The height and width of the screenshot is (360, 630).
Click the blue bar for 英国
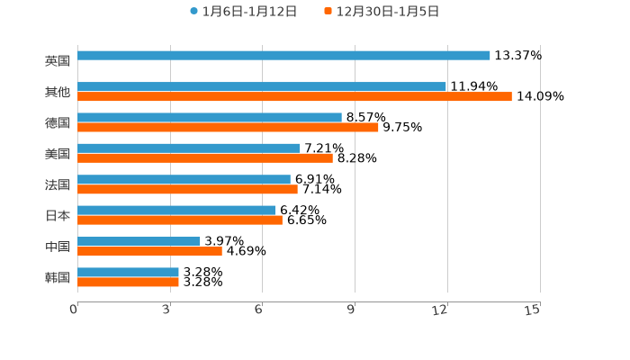(x=283, y=55)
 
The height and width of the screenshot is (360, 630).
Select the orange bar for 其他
(x=294, y=96)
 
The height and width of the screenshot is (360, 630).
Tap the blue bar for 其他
(x=262, y=86)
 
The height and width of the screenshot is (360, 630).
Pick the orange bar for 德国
(x=228, y=127)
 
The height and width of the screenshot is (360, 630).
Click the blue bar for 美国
(x=189, y=148)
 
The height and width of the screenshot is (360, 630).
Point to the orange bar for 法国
(x=187, y=189)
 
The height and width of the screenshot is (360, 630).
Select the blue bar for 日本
(x=176, y=210)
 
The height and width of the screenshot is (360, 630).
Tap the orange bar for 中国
(x=149, y=251)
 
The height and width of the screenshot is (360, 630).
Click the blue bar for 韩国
(x=128, y=272)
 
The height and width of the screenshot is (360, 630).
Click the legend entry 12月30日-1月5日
(x=387, y=12)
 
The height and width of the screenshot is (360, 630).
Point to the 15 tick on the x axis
(x=533, y=310)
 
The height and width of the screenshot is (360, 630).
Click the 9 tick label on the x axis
(x=352, y=310)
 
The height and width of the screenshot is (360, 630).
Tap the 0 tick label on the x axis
(x=74, y=310)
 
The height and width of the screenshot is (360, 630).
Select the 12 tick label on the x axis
(x=440, y=310)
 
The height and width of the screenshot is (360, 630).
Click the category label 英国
(x=58, y=60)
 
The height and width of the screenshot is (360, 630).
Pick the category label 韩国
(x=58, y=277)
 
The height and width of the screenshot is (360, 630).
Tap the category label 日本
(x=58, y=215)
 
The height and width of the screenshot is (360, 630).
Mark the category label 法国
(x=58, y=184)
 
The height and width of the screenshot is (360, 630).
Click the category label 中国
(x=58, y=246)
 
